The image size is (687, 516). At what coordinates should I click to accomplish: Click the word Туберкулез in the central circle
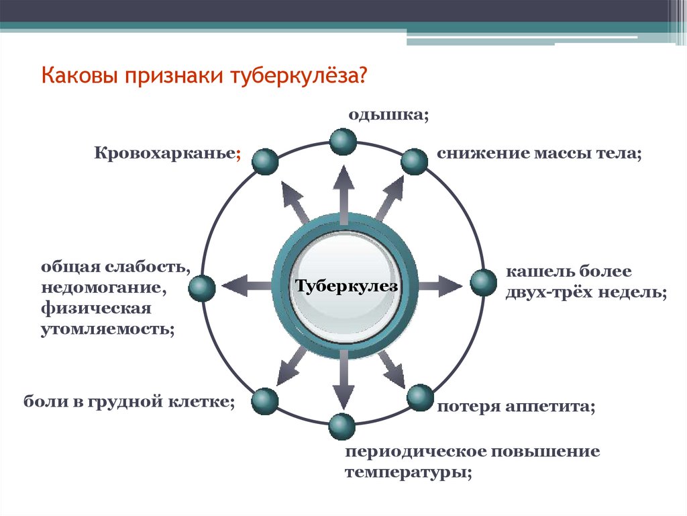click(347, 287)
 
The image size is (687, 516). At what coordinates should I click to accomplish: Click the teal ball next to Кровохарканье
click(264, 162)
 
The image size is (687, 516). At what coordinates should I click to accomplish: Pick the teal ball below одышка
click(343, 141)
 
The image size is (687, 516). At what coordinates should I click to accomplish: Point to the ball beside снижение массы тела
click(414, 162)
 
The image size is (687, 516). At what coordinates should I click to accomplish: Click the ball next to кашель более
click(483, 283)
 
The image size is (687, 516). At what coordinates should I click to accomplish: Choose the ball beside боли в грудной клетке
click(264, 401)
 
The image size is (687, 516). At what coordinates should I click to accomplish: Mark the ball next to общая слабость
click(202, 288)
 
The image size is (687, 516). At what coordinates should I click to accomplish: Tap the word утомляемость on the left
click(107, 330)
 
